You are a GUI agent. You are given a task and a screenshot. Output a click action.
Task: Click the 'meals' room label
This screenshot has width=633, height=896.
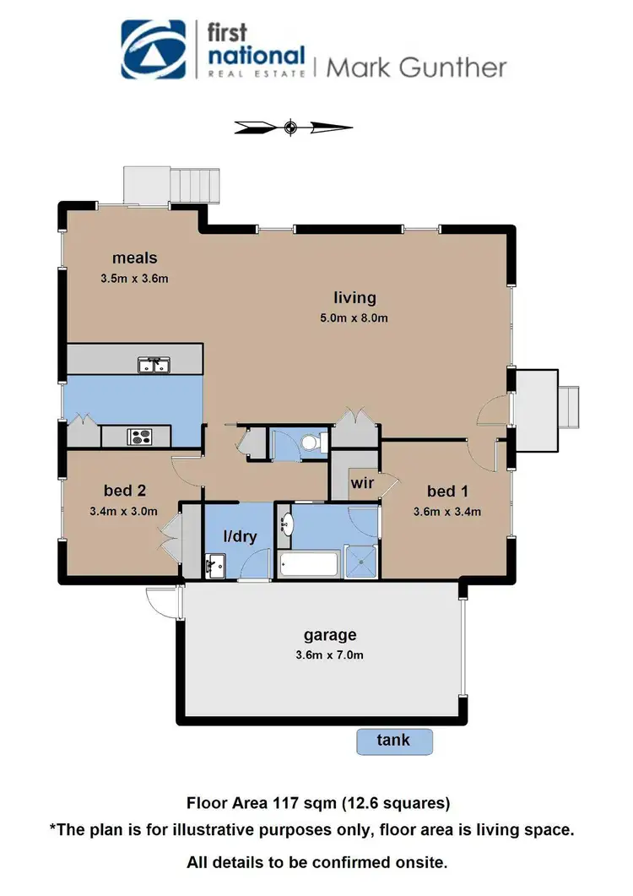(x=136, y=258)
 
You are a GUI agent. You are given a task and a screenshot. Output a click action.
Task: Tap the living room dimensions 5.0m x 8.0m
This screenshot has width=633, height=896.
(x=354, y=318)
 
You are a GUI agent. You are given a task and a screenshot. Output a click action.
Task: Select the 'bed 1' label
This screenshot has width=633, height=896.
(x=447, y=491)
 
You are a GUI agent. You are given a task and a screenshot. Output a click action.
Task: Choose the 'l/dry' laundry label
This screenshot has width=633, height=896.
(x=240, y=535)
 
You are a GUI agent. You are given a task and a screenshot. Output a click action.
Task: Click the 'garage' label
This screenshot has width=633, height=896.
(x=330, y=635)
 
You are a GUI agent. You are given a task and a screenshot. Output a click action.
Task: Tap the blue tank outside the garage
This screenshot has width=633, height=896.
(x=393, y=741)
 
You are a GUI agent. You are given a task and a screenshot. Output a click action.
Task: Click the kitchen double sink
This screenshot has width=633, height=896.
(x=154, y=365)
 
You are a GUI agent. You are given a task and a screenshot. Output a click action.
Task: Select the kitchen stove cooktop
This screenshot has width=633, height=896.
(x=138, y=437)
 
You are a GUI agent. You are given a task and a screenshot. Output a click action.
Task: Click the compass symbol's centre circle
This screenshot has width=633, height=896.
(x=290, y=128)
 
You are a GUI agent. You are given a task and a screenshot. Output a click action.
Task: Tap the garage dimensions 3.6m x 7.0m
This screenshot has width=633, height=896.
(x=330, y=654)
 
